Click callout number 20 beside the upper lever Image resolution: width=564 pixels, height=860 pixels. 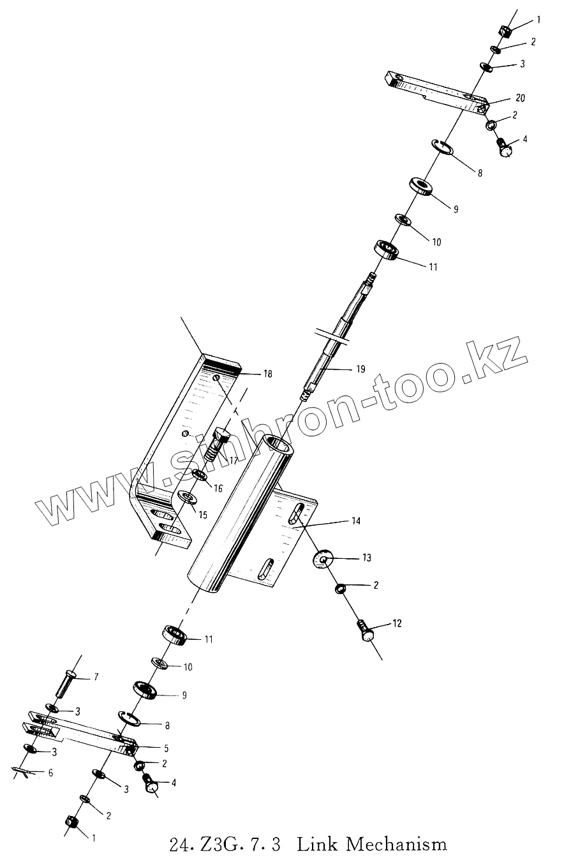click(x=520, y=98)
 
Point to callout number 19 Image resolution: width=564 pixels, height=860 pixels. click(x=360, y=369)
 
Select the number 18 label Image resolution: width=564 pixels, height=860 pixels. click(x=267, y=374)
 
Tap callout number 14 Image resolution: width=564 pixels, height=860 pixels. click(x=355, y=521)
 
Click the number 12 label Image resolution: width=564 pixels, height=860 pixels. click(x=397, y=623)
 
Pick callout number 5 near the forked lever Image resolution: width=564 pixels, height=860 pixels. click(x=166, y=746)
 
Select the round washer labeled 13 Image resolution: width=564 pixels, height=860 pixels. click(x=322, y=560)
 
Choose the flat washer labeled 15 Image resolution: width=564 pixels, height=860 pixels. click(x=187, y=497)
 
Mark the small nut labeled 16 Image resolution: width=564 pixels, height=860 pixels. click(x=200, y=475)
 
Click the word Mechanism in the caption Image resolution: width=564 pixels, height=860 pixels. click(x=396, y=845)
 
